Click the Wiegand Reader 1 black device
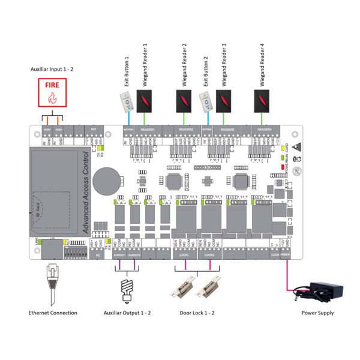(146, 100)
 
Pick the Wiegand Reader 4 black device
(263, 100)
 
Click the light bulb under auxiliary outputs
(127, 289)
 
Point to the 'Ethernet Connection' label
(53, 313)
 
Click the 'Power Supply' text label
(318, 313)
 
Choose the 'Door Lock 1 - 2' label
(197, 313)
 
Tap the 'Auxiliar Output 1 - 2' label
(128, 313)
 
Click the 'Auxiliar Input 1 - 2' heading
(53, 70)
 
